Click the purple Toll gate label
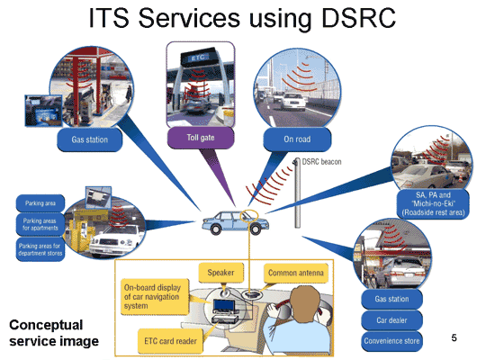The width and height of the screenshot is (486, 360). coord(201,138)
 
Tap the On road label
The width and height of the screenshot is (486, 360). coord(297,139)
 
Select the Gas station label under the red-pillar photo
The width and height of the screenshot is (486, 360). coord(90,139)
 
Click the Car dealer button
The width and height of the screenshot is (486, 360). coord(391,320)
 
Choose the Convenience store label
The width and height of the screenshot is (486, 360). coord(391,341)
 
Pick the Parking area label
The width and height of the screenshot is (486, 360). coord(40,203)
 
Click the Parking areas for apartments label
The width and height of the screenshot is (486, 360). coord(40,224)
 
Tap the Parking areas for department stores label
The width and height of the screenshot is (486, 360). coord(40,249)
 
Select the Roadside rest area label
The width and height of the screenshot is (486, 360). coord(433,203)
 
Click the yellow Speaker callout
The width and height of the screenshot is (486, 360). coord(220,273)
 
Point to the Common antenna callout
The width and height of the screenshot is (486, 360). coord(296,273)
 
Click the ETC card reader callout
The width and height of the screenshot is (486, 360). coord(170,341)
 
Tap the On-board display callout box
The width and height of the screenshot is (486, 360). coord(154,297)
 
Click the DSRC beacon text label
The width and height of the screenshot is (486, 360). coord(321,162)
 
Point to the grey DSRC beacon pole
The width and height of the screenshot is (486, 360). coord(297,193)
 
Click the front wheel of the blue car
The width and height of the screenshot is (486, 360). coord(256,229)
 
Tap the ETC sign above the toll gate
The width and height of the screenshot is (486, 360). coord(198,58)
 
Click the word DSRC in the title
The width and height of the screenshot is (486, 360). coord(358,18)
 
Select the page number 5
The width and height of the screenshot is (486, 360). coord(454,337)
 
